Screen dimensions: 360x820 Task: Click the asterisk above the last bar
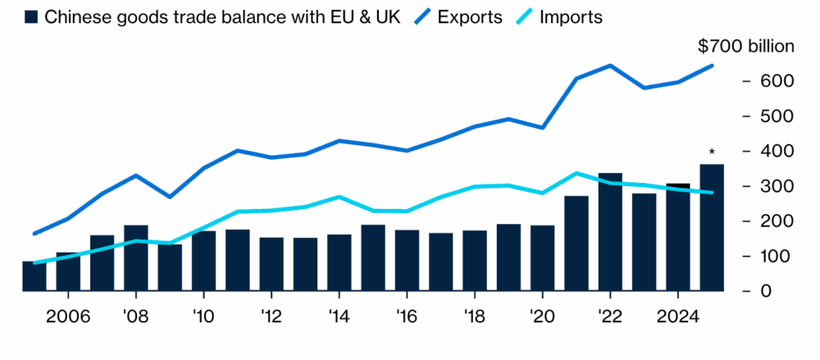tap(712, 153)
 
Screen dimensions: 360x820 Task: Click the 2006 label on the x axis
tap(68, 317)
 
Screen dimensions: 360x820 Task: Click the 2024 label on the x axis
tap(677, 317)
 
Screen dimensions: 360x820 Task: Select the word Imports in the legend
tap(571, 17)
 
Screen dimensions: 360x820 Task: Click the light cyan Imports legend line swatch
tap(522, 17)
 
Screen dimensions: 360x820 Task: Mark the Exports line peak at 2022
tap(610, 66)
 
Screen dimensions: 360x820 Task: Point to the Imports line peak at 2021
tap(576, 173)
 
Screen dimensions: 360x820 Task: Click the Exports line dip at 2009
tap(170, 197)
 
